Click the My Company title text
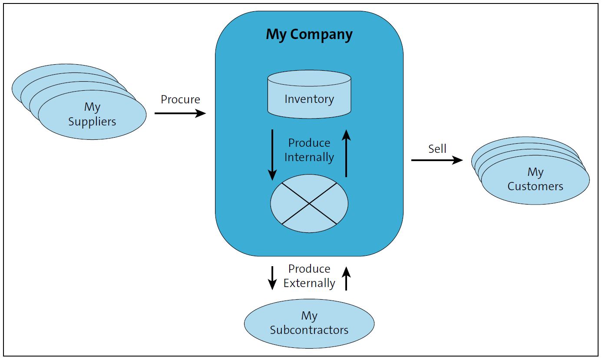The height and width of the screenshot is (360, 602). [x=309, y=34]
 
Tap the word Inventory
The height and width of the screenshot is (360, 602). [x=309, y=99]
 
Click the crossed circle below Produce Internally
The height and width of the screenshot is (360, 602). [x=309, y=203]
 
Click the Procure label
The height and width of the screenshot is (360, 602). [x=180, y=99]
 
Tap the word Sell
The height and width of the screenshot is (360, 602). [x=437, y=149]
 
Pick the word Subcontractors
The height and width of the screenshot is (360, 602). [x=309, y=330]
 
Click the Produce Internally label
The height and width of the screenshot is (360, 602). [x=309, y=150]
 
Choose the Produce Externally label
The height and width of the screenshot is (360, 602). [x=309, y=276]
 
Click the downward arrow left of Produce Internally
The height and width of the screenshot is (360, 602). [x=272, y=154]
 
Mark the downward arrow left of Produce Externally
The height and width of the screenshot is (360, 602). [x=272, y=278]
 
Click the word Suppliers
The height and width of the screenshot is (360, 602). [x=92, y=121]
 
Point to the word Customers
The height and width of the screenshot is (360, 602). [x=535, y=186]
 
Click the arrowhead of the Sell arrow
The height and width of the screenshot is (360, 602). [x=458, y=160]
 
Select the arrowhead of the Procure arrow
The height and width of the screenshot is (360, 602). [x=201, y=113]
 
